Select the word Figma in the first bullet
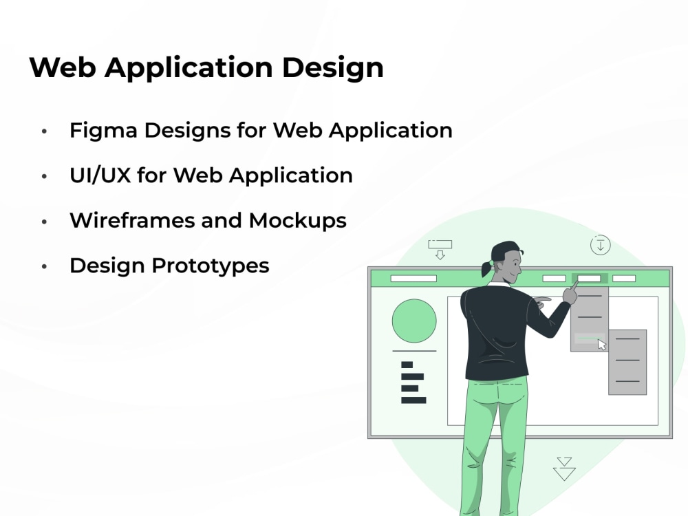[x=99, y=130]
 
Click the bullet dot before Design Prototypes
[x=45, y=266]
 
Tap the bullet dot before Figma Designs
[x=45, y=131]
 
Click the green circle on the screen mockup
[x=414, y=321]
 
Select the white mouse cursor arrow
[x=602, y=345]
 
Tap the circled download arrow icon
[x=600, y=244]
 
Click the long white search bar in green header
[x=413, y=279]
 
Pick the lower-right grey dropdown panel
[x=627, y=362]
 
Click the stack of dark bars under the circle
[x=412, y=383]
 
